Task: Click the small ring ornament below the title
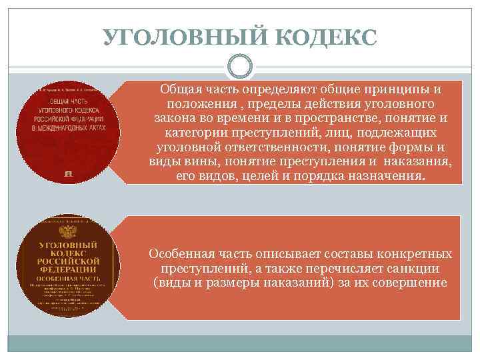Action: coord(240,67)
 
